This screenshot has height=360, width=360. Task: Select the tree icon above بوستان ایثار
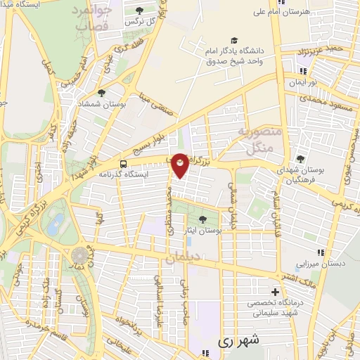pyautogui.click(x=203, y=219)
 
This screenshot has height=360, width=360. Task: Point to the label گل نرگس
pyautogui.click(x=139, y=22)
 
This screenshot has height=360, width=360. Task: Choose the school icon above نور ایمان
pyautogui.click(x=303, y=71)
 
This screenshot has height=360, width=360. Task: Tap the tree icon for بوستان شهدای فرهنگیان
pyautogui.click(x=301, y=159)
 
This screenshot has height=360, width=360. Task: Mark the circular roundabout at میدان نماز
pyautogui.click(x=79, y=254)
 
